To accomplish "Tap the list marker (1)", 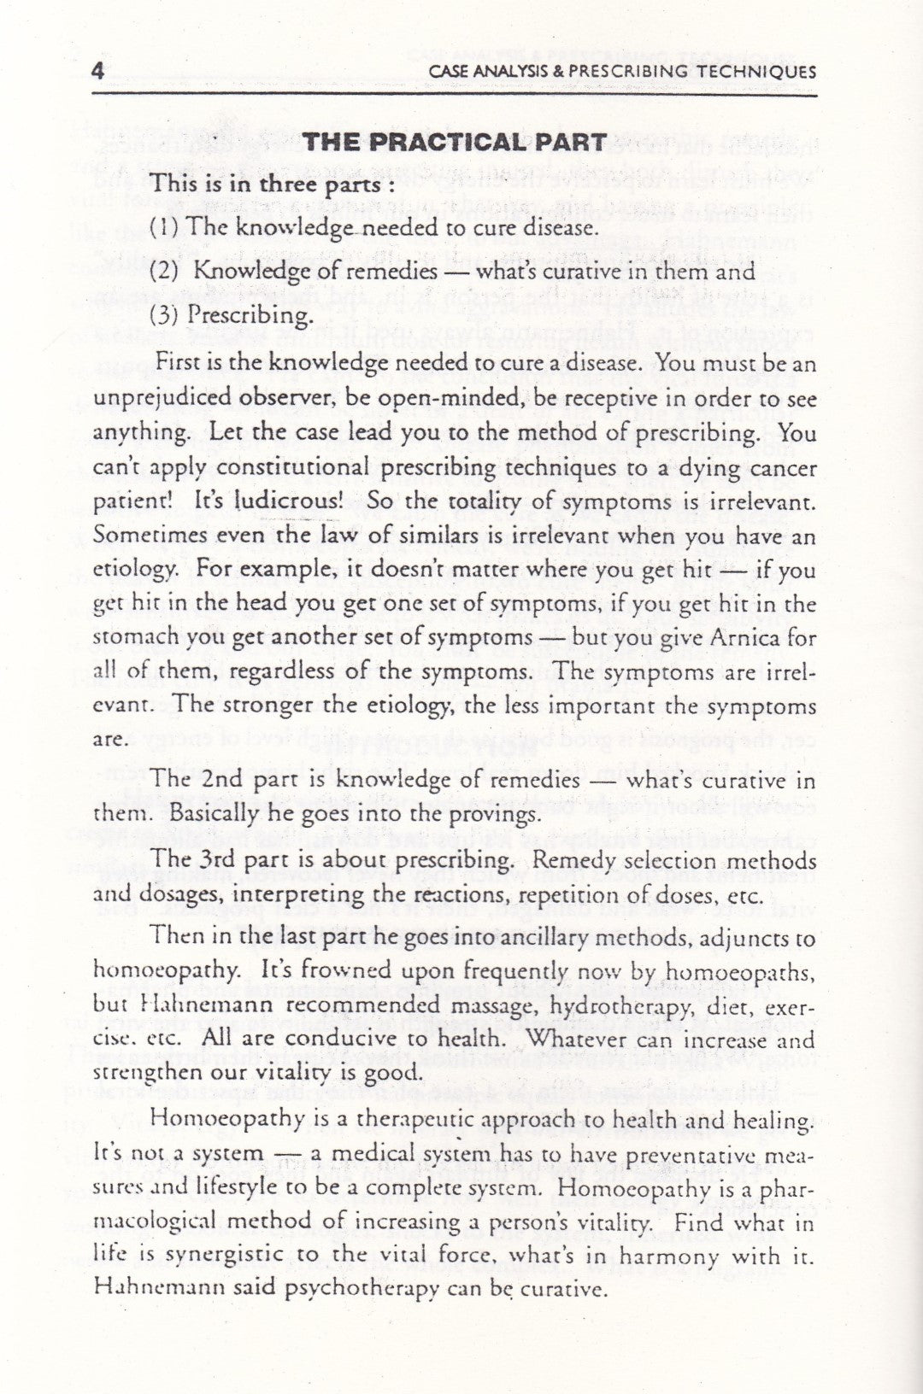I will click(164, 227).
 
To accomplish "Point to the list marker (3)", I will click(164, 316).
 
